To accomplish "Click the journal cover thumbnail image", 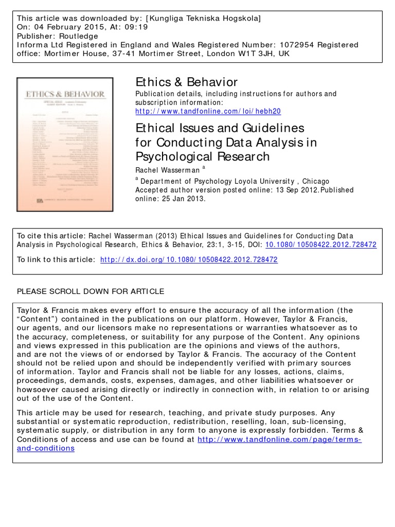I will (65, 144).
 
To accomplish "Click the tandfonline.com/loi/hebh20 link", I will (208, 111).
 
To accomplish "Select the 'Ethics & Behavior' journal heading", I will (186, 82).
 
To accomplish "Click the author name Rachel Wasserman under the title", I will (167, 170).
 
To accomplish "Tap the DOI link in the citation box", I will (321, 245).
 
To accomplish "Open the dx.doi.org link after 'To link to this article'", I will (189, 260).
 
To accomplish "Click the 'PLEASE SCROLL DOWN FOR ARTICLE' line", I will (91, 291).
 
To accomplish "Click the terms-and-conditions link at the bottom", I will (189, 444).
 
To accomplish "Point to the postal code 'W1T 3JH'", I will (258, 54).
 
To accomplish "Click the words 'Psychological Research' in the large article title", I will (202, 156).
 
